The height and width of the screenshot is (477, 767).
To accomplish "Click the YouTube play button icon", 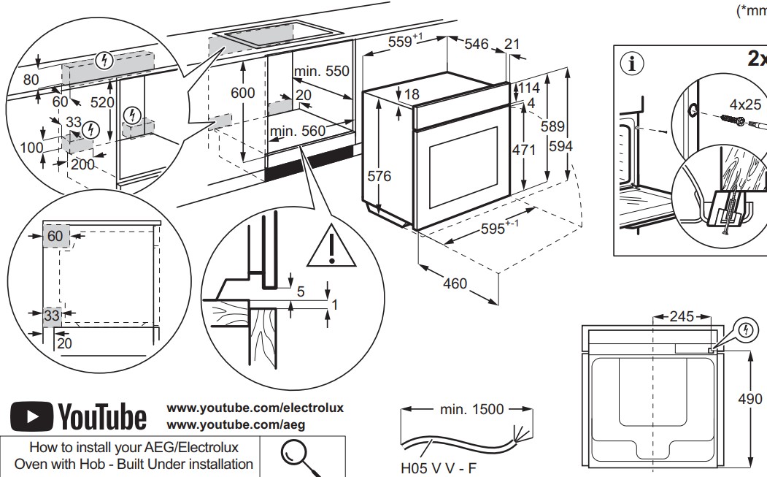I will [x=31, y=418].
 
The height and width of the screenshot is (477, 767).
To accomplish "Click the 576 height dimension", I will [x=379, y=176].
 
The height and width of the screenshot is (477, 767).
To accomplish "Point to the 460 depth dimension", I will [x=455, y=283].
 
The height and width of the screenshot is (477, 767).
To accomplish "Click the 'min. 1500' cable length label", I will [x=471, y=409].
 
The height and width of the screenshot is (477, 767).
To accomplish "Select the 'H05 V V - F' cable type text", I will [x=436, y=465].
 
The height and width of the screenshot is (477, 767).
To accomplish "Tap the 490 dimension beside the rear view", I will [x=750, y=398].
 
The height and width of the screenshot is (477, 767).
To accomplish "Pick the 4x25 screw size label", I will [x=744, y=103].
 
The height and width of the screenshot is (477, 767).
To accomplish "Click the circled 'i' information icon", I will [x=632, y=63].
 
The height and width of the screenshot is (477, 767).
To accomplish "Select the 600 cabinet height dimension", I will [x=243, y=93].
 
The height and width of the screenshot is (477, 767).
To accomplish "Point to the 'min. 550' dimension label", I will [x=321, y=72].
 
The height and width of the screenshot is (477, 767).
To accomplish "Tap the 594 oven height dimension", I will [x=560, y=147].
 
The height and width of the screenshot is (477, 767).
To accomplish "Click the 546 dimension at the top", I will [x=476, y=44].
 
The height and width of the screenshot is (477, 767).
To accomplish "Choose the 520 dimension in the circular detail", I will [x=102, y=102].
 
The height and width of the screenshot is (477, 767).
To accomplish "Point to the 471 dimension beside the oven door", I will [x=523, y=150].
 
